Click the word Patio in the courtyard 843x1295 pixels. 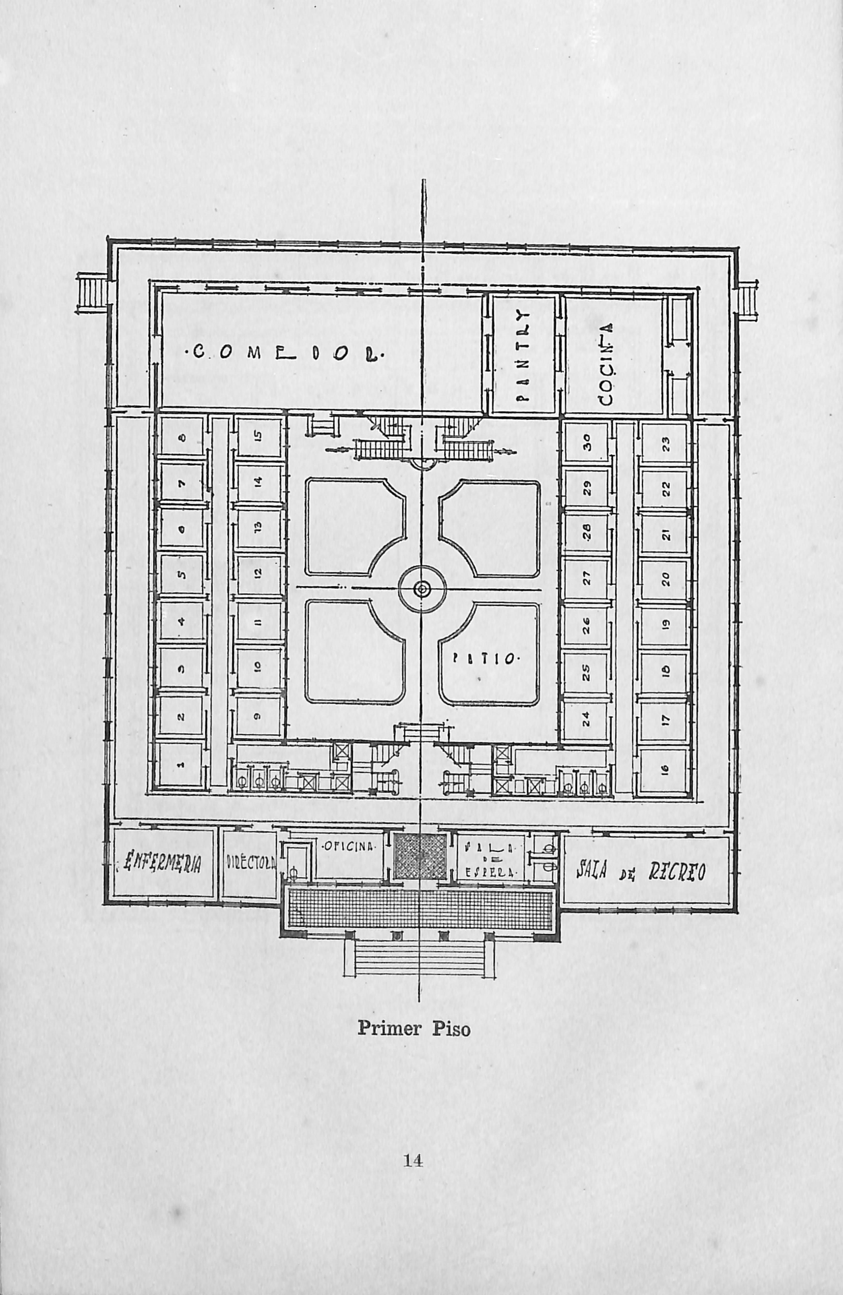tap(486, 659)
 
